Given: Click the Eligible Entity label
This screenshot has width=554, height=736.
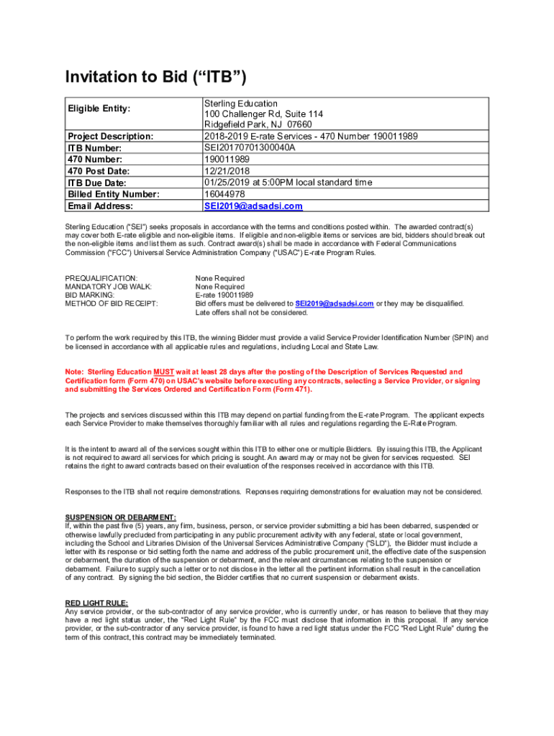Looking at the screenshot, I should (x=99, y=109).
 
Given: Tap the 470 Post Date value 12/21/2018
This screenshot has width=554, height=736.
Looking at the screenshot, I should (x=227, y=171).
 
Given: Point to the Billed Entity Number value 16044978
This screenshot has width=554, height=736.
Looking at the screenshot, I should (x=224, y=194).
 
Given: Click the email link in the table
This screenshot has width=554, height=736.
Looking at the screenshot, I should (x=253, y=206).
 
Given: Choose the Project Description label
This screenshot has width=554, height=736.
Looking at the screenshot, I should (x=110, y=137).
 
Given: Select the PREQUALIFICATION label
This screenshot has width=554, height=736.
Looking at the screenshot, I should (x=101, y=278).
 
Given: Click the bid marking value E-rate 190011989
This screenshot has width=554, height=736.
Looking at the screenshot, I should (x=224, y=295).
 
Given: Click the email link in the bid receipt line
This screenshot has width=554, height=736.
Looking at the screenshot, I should (x=334, y=304).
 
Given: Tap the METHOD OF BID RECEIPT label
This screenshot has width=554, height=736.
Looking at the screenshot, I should (x=112, y=304).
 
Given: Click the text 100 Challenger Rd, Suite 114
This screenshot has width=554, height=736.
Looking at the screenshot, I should (x=263, y=114).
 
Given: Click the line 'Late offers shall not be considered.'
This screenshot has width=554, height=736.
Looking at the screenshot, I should (x=251, y=313).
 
